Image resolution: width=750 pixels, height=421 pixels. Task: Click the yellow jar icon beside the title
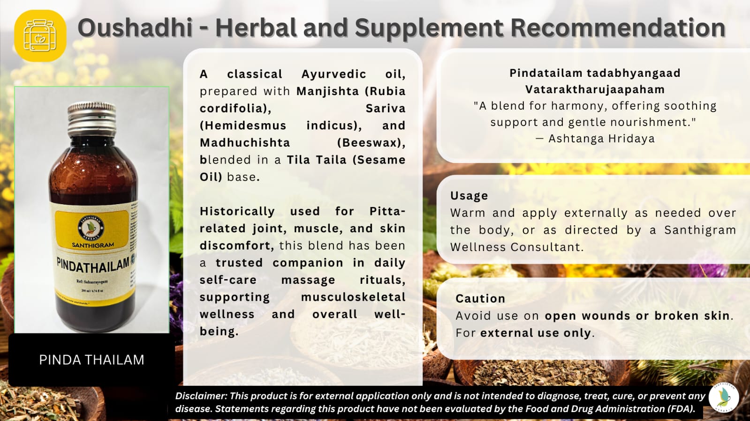pos(40,36)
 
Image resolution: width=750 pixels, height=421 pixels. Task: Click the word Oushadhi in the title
pos(135,28)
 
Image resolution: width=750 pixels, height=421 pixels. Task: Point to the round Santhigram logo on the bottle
pos(91,228)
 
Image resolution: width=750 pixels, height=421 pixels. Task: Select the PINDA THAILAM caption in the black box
pos(91,360)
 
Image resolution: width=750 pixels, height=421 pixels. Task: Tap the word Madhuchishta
pos(245,142)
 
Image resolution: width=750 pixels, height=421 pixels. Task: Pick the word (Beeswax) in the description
pos(371,142)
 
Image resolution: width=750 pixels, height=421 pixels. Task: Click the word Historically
pos(237,211)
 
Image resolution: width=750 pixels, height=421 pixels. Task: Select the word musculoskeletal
pos(353,297)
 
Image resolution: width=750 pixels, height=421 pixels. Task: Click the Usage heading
pos(469,195)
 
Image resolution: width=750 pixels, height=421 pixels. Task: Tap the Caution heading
pos(480,298)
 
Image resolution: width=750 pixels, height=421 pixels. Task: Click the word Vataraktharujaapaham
pos(595,89)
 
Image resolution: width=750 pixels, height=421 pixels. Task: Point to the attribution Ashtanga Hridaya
pos(601,139)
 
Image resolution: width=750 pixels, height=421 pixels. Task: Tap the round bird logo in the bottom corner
pos(724,398)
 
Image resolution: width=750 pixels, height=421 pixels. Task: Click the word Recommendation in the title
pos(618,28)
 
